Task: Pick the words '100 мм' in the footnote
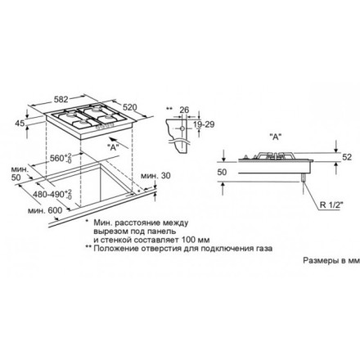(x=175, y=240)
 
